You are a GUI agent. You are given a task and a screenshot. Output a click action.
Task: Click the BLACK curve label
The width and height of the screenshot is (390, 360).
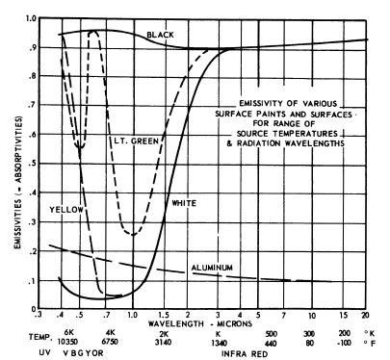161,35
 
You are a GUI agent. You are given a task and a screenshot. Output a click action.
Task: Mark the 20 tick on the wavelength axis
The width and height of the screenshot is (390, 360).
365,315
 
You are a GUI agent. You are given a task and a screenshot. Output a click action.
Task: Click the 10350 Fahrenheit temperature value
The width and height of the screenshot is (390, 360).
67,341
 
